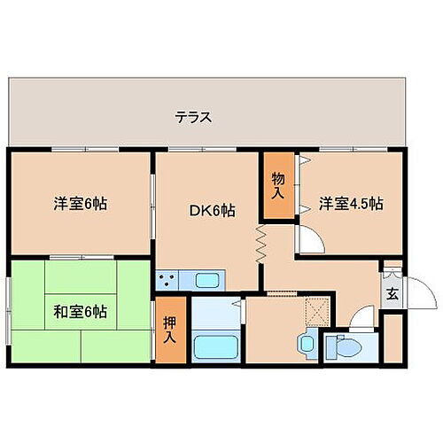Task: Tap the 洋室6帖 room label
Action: point(81,204)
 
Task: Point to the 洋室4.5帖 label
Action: point(351,204)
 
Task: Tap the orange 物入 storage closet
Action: point(277,187)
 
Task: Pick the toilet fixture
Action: point(339,347)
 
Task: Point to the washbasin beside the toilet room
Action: point(307,342)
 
